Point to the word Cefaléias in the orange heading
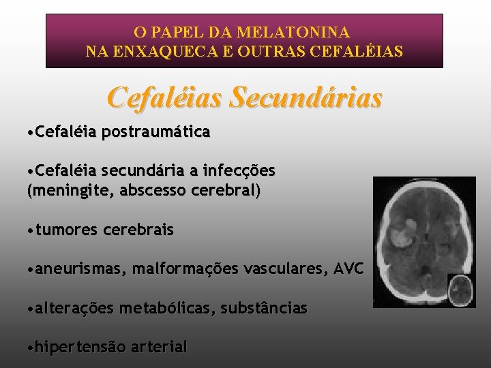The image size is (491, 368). [x=166, y=98]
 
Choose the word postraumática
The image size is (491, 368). [x=155, y=132]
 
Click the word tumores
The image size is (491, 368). [x=67, y=230]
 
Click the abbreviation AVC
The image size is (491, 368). [x=348, y=270]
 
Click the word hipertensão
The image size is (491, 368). [x=80, y=347]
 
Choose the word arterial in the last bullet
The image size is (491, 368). [x=160, y=347]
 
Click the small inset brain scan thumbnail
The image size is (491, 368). [x=460, y=290]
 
